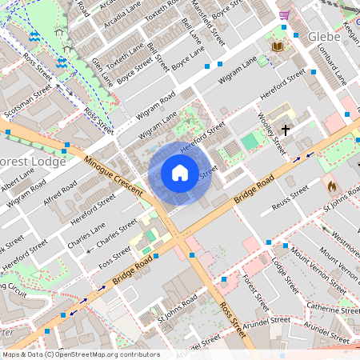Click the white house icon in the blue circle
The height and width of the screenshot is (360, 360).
click(180, 173)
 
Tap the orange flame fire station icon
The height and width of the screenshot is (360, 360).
click(331, 186)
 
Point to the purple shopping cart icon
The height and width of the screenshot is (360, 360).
click(285, 15)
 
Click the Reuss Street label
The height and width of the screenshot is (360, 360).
click(290, 195)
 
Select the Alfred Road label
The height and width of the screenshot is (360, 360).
click(61, 195)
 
